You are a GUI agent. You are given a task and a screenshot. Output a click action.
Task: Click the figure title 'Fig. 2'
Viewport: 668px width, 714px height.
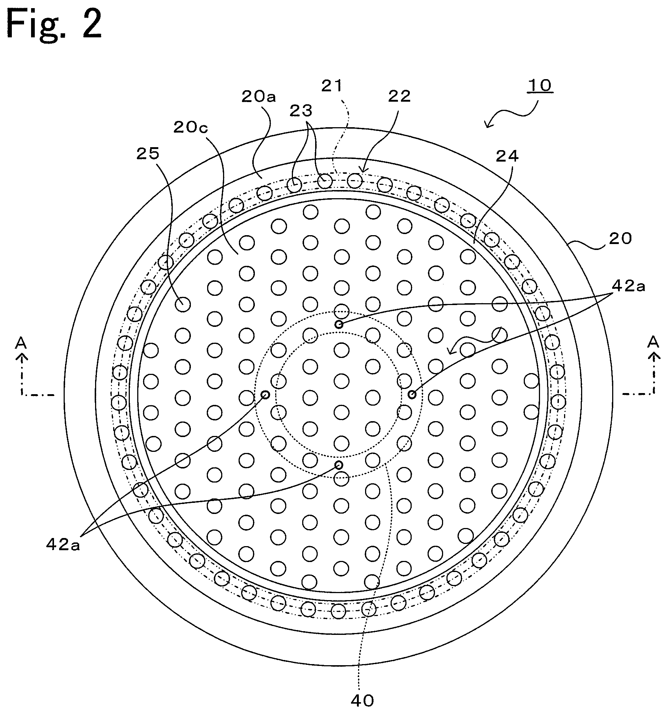point(54,25)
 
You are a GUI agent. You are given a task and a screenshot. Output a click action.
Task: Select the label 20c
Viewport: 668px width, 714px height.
point(190,127)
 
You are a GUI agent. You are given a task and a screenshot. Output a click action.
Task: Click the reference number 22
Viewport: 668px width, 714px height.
point(399,97)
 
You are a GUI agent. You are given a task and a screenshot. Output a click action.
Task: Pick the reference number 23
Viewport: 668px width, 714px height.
point(301,110)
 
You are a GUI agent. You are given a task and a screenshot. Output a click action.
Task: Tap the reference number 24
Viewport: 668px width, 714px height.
point(507,156)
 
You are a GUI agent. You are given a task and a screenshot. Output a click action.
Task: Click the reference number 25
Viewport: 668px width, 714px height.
point(148,154)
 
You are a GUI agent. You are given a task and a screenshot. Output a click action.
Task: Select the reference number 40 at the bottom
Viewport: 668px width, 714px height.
point(362,700)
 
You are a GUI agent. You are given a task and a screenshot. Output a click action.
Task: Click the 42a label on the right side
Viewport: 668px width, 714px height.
point(628,286)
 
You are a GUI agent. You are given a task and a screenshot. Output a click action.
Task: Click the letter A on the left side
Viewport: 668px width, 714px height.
point(21,344)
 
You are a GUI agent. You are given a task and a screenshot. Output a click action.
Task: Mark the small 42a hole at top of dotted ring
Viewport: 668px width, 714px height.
point(338,325)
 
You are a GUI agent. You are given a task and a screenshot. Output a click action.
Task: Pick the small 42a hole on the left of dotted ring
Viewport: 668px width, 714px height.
point(265,395)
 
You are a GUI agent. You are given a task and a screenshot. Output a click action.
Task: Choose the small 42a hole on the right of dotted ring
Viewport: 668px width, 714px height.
point(412,395)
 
